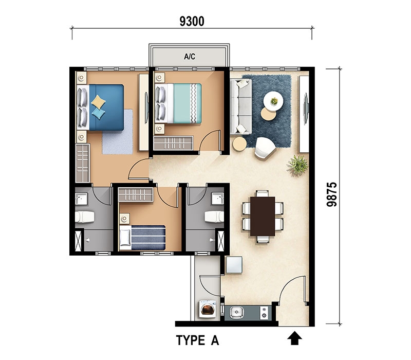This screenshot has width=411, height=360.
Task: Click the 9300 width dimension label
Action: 192,21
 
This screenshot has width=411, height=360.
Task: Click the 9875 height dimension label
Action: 331,194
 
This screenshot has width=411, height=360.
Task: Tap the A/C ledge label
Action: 190,57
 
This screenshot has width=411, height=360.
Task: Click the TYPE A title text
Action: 197,340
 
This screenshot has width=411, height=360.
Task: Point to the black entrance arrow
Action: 294,338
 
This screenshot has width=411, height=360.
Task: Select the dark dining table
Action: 263,216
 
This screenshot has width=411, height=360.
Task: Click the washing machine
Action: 208,310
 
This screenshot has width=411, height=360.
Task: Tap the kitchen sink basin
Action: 236,313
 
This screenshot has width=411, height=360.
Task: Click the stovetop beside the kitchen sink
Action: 264,313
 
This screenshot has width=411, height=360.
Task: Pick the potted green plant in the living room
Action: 298,165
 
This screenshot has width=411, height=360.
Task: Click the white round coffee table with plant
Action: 273,101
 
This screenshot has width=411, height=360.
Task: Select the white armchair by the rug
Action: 265,148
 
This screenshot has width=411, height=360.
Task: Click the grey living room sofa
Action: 240,106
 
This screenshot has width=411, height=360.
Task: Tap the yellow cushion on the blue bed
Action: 98,102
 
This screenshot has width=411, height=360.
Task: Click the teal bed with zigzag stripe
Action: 178,103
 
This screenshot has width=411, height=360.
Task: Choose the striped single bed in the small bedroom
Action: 143,238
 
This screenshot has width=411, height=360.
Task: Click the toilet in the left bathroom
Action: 84,217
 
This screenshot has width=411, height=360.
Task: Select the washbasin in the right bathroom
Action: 217,199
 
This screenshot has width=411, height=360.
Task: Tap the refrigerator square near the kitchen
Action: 234,265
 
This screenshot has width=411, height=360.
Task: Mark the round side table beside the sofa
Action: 239,144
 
